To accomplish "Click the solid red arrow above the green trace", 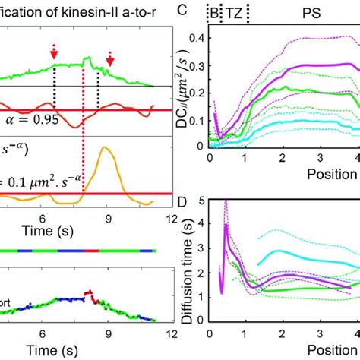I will (x=53, y=52).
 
